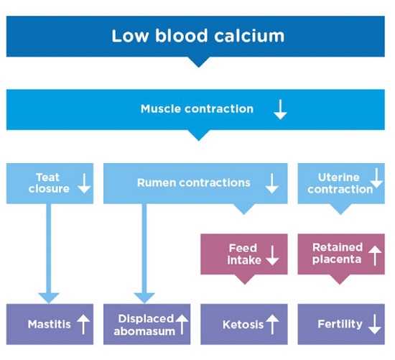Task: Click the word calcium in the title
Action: click(249, 36)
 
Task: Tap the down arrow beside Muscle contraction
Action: click(280, 109)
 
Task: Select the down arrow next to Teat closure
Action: click(84, 183)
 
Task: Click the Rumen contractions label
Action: click(193, 183)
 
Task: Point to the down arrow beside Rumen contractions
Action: click(271, 183)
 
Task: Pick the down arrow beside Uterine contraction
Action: click(376, 178)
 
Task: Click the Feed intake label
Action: click(243, 254)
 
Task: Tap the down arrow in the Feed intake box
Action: click(272, 255)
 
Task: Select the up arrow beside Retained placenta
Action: click(375, 255)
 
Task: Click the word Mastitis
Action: click(50, 324)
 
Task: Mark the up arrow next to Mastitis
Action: click(83, 325)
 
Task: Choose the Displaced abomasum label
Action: click(145, 325)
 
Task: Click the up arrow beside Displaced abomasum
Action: click(182, 325)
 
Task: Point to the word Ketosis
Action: click(243, 325)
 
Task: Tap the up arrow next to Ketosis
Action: click(272, 325)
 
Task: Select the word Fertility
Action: click(340, 324)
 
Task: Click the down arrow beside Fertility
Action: click(375, 325)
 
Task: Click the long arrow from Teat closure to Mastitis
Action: click(49, 254)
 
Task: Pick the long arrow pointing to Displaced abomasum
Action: click(144, 254)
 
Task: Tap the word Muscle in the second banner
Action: click(161, 109)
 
